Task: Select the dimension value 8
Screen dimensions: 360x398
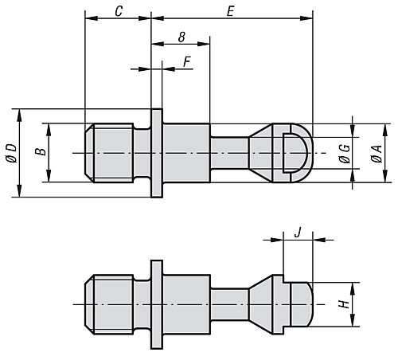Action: point(181,37)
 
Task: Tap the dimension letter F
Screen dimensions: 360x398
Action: point(187,61)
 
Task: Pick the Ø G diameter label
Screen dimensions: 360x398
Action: point(344,151)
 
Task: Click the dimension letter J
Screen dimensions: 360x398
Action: point(297,232)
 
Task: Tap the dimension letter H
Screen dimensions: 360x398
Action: point(342,303)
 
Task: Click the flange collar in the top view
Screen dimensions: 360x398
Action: point(157,151)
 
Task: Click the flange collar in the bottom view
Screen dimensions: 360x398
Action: point(157,303)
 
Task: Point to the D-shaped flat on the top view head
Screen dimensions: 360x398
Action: point(292,151)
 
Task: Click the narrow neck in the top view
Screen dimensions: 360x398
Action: point(230,151)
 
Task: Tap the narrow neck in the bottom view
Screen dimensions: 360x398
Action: point(230,303)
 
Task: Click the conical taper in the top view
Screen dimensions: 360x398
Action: point(260,151)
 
